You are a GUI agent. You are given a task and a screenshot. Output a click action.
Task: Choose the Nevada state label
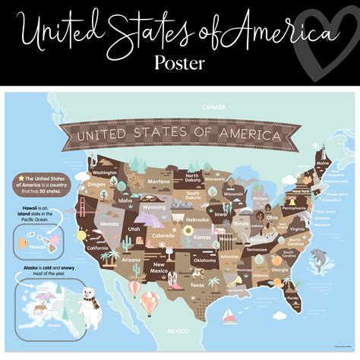(x=109, y=224)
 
